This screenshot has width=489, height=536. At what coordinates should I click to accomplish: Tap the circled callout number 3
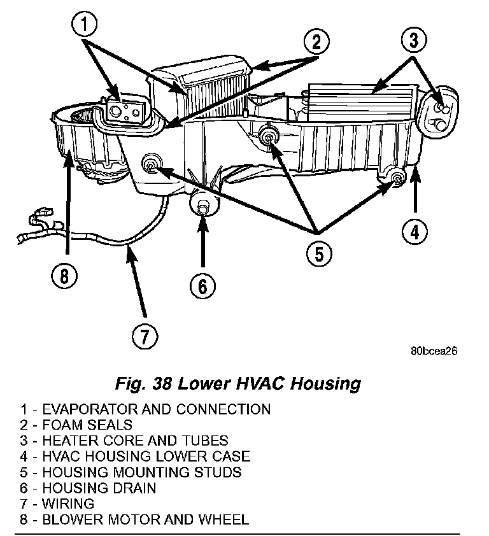coord(413,40)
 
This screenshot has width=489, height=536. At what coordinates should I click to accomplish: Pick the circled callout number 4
coord(415,232)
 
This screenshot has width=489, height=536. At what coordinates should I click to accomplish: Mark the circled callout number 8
coord(66,276)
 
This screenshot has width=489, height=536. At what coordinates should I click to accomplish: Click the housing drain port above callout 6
coord(202,205)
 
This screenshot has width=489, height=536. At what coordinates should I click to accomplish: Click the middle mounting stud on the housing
coord(269,135)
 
